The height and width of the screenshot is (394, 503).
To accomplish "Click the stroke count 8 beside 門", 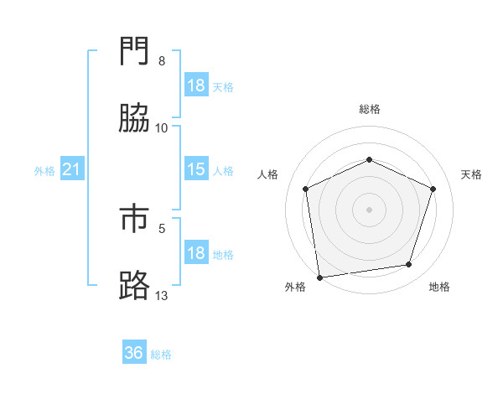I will tap(162, 61).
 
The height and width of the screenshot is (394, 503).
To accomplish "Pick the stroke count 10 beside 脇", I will tap(162, 127).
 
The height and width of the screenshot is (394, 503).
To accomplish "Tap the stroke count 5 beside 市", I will tap(162, 227).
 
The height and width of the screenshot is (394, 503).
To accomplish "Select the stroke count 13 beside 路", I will tap(162, 295).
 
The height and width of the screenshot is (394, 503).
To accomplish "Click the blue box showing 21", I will tap(72, 170).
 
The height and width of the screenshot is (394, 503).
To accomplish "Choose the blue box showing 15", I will tap(196, 170).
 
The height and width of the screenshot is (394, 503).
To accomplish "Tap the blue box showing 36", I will tap(134, 353).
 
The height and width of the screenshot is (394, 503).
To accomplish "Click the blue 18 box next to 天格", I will tap(196, 86).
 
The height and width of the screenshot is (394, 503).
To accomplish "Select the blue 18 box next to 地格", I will tap(196, 253).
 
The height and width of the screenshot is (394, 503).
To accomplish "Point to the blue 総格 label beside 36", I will tap(161, 354).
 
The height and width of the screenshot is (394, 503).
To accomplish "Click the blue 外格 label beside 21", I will tap(44, 171).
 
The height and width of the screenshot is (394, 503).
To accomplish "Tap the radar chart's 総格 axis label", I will tap(370, 109).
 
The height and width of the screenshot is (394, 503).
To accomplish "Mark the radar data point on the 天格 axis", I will tap(433, 189).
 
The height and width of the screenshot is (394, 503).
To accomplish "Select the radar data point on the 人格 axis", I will tap(306, 189).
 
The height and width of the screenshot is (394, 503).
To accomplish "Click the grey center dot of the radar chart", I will tap(370, 209).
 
